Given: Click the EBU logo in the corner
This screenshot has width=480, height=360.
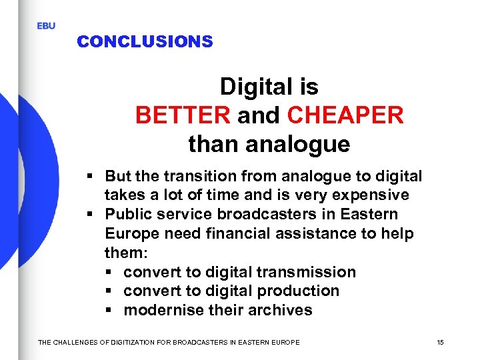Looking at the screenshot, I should pyautogui.click(x=46, y=25).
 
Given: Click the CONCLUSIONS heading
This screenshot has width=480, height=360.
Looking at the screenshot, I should pyautogui.click(x=145, y=41).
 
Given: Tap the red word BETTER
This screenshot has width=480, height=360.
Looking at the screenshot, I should pyautogui.click(x=182, y=115).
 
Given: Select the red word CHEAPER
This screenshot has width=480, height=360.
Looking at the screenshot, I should pyautogui.click(x=345, y=115).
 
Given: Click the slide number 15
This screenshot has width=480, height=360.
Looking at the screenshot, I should pyautogui.click(x=440, y=342).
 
